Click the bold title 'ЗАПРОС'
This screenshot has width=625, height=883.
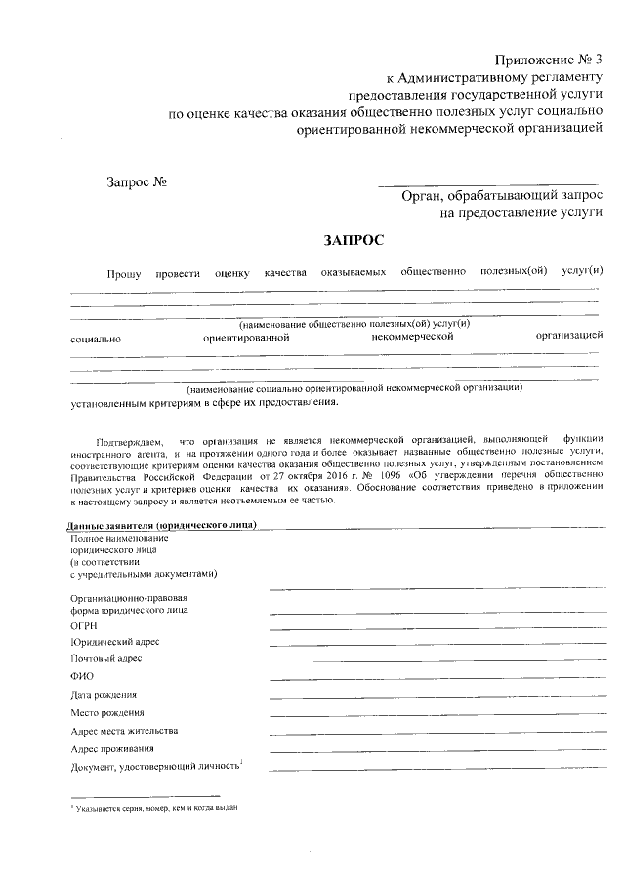[354, 240]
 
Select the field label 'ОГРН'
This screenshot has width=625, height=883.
[83, 624]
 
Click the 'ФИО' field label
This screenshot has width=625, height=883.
[81, 676]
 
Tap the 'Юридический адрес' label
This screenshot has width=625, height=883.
[114, 642]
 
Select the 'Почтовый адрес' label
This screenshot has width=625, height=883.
[105, 659]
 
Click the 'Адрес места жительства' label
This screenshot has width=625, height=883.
[124, 731]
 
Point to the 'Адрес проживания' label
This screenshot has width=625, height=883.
[111, 749]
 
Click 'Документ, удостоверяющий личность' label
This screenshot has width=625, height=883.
[154, 768]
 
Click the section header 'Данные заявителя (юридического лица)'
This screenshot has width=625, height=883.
[162, 526]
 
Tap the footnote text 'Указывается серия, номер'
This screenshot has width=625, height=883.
[156, 809]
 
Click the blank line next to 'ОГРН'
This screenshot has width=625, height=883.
[435, 626]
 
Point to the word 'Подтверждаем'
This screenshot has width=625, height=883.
[130, 442]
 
